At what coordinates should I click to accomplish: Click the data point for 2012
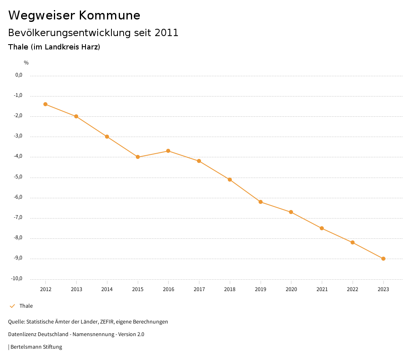(45, 104)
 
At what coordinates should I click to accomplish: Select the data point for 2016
(168, 151)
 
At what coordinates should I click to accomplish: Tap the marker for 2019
(261, 202)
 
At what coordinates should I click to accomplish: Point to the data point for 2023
(383, 259)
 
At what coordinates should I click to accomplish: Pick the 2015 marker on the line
(138, 157)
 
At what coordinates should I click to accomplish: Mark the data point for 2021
(322, 228)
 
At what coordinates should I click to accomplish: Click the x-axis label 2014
(107, 289)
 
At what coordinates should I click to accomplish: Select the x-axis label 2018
(230, 289)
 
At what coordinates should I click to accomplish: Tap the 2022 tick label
(353, 289)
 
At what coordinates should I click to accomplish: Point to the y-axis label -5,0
(19, 177)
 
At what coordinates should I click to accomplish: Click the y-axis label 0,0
(19, 75)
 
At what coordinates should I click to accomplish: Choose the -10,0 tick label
(17, 279)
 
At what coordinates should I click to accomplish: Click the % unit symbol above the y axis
(26, 63)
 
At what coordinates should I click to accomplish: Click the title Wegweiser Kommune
(74, 15)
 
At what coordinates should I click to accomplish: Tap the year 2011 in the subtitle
(166, 33)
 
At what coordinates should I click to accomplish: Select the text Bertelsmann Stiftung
(36, 347)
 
